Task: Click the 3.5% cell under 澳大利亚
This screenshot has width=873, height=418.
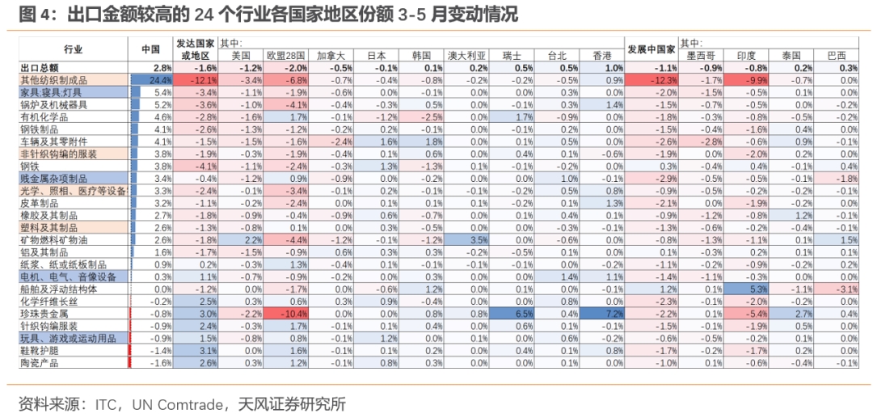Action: (468, 240)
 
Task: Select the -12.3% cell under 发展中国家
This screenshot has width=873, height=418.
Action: (652, 80)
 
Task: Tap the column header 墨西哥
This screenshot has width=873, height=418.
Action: (701, 56)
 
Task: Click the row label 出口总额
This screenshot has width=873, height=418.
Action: (40, 68)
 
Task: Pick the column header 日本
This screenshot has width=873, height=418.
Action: (376, 56)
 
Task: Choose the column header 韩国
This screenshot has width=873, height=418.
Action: (421, 56)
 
